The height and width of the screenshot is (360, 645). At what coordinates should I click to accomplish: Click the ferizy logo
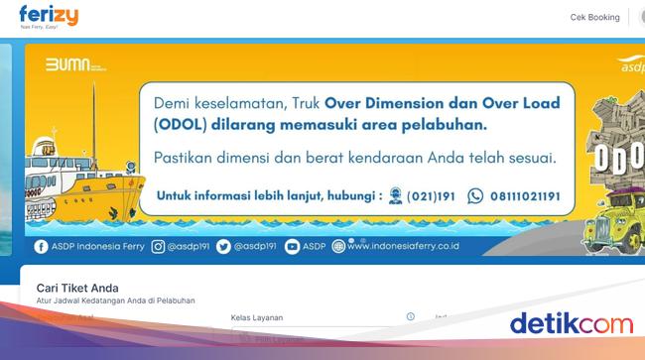click(x=47, y=17)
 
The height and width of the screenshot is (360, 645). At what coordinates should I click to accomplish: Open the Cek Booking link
click(x=594, y=17)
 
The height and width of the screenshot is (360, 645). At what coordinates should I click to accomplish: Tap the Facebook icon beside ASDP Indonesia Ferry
click(x=41, y=246)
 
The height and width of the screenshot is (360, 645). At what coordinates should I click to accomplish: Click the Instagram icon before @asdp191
click(x=158, y=246)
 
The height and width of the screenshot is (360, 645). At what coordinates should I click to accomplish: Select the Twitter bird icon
click(x=223, y=246)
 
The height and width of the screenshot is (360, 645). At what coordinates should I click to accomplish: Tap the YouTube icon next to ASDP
click(x=292, y=246)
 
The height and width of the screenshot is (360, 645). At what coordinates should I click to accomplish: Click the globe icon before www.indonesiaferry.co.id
click(x=338, y=246)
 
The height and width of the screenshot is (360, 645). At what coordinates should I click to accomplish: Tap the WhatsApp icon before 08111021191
click(x=475, y=196)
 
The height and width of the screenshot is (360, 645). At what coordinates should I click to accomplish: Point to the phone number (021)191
click(x=432, y=196)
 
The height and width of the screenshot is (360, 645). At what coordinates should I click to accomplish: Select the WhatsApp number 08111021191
click(x=524, y=196)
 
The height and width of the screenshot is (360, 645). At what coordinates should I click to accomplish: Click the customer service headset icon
click(x=396, y=196)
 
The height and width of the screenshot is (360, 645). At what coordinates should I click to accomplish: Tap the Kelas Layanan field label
click(x=257, y=317)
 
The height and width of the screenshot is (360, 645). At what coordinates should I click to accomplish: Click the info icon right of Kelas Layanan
click(x=410, y=316)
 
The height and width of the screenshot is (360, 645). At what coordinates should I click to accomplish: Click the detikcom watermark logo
click(x=571, y=323)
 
